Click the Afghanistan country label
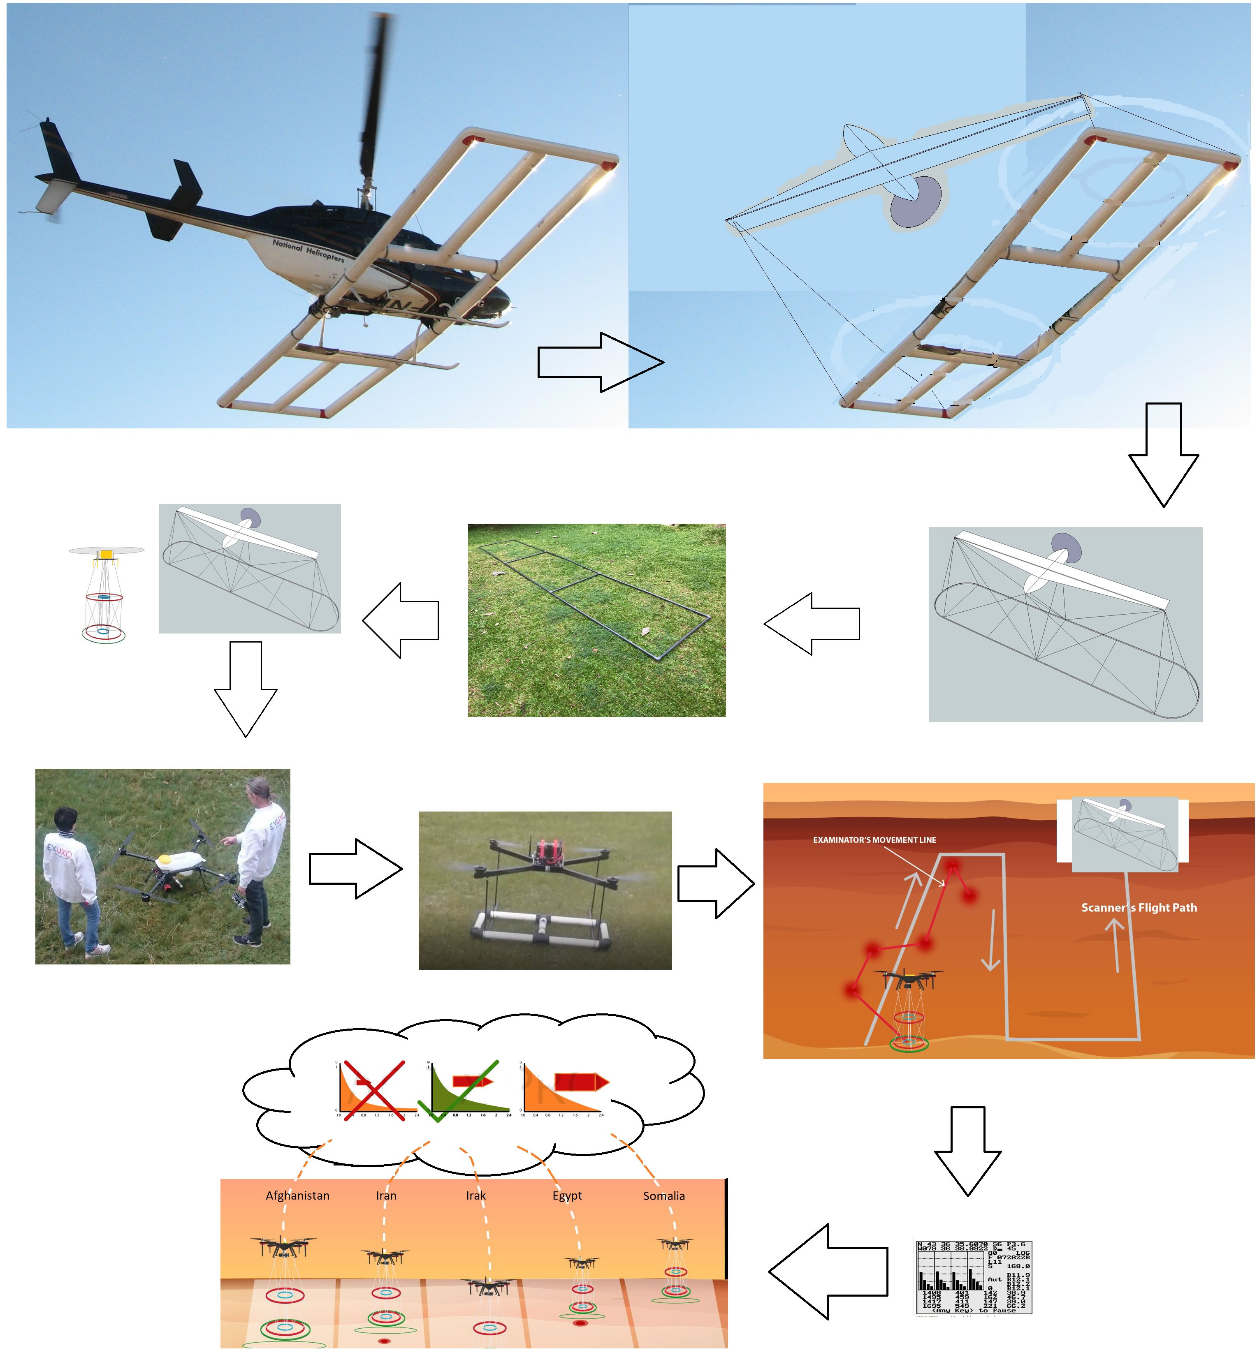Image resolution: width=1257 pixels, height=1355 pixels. tap(297, 1195)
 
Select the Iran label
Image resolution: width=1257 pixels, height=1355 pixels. tap(386, 1195)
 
